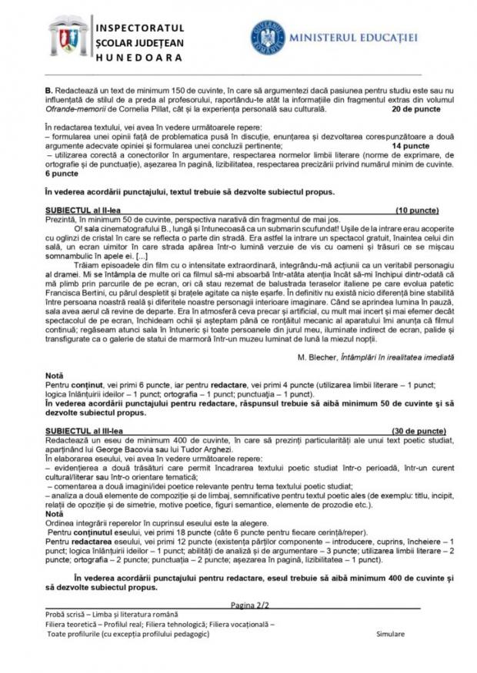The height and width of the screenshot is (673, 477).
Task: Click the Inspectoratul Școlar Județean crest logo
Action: click(68, 36)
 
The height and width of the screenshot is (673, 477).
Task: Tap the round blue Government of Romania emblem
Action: click(267, 37)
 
